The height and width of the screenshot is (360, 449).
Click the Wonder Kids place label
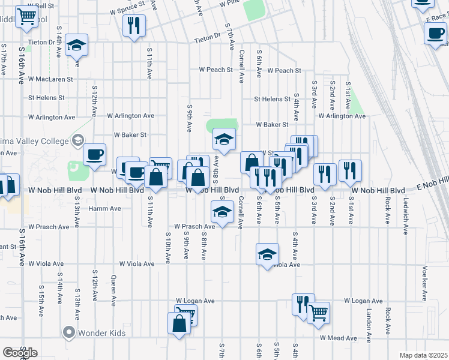(93, 332)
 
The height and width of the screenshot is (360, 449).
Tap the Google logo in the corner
(20, 352)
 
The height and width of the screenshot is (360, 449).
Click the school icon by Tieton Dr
(76, 46)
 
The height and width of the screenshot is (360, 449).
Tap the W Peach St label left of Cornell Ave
(216, 70)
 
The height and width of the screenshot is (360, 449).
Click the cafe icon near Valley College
(94, 155)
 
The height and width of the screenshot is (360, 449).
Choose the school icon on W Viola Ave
(267, 254)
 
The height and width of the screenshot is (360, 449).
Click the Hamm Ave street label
(105, 209)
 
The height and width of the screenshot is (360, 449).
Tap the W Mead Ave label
(339, 338)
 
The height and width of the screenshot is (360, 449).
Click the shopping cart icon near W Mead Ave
(318, 313)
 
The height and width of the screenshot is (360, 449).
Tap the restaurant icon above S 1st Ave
(349, 172)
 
